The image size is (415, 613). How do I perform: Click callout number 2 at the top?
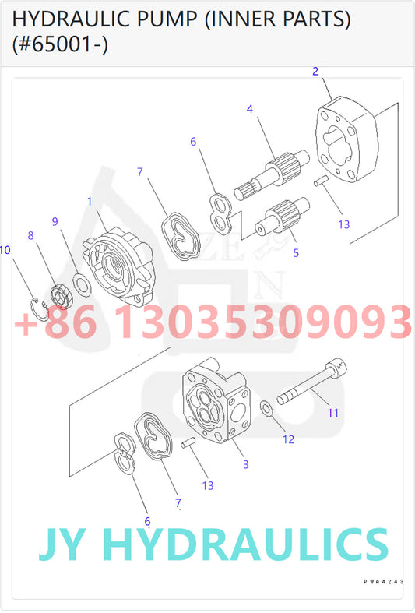[x=315, y=71]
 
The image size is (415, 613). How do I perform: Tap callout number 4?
[x=250, y=108]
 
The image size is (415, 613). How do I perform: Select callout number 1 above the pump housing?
[x=90, y=201]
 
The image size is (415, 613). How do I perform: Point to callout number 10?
[x=5, y=250]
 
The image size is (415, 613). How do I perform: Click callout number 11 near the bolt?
[x=332, y=412]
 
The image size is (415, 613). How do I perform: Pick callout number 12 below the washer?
[x=288, y=439]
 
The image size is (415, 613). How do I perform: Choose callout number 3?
[x=245, y=464]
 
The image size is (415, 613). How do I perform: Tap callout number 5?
[x=296, y=252]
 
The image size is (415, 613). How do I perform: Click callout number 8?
[x=30, y=234]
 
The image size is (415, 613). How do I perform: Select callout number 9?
[x=55, y=221]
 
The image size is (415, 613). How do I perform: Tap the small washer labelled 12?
[x=266, y=407]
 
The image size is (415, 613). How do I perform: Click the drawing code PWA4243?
[x=382, y=581]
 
